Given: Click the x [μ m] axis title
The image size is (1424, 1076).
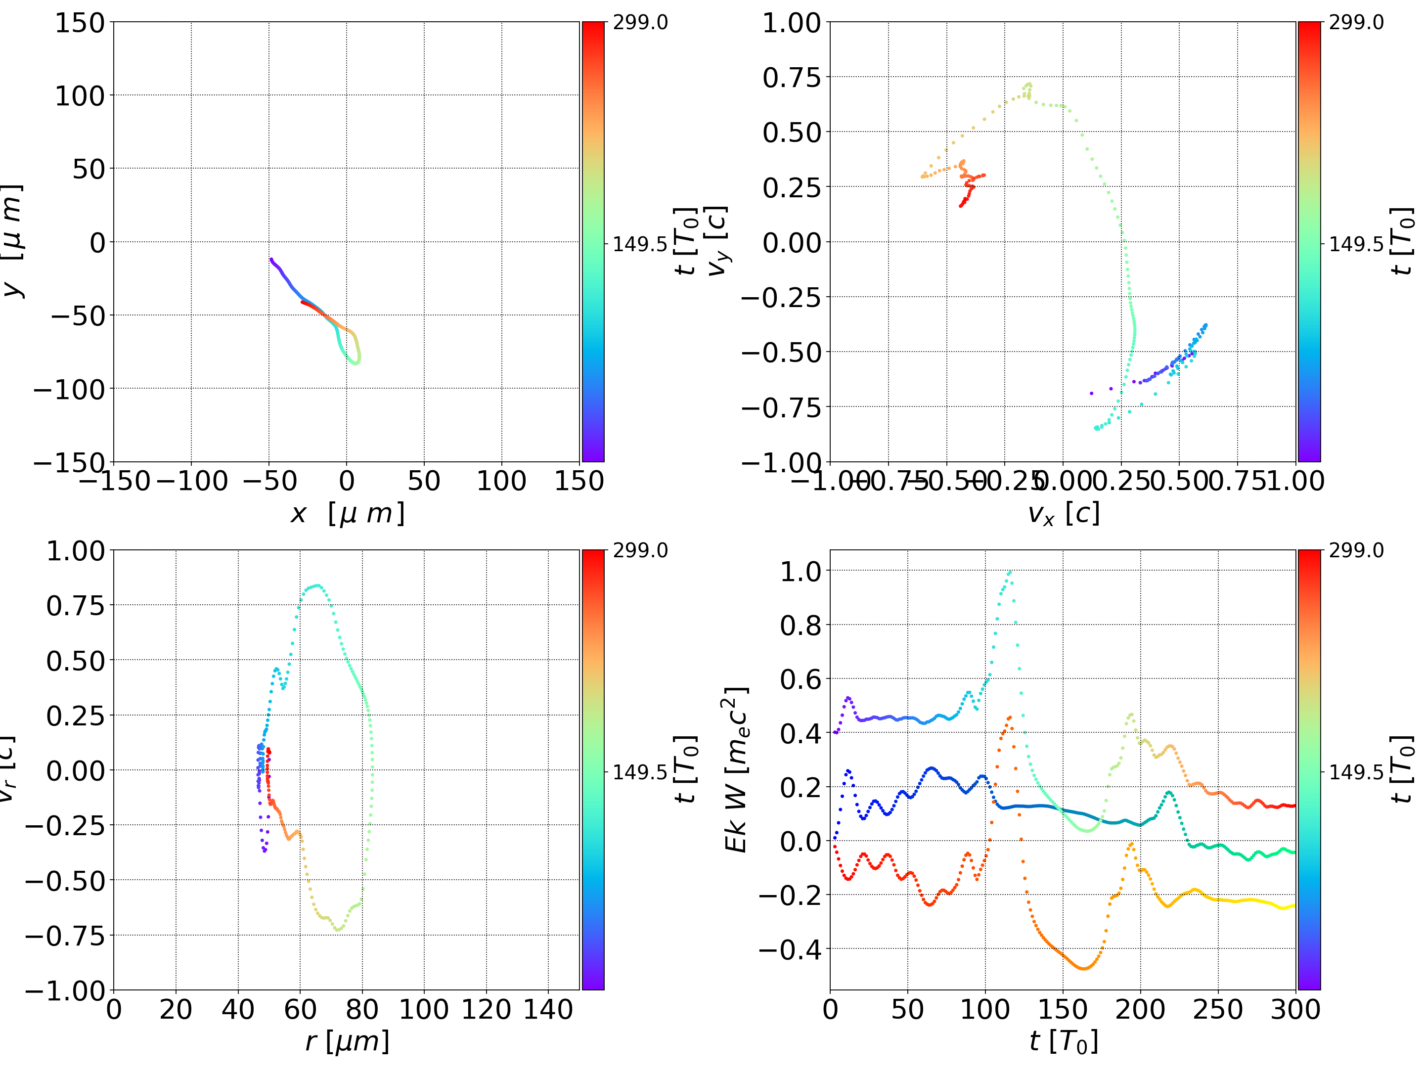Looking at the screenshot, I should point(347,514).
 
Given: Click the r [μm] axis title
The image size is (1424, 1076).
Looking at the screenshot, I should point(347,1042).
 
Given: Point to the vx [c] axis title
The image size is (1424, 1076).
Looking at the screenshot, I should point(1063,514).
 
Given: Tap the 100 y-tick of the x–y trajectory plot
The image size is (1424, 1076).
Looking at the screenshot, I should point(79,96).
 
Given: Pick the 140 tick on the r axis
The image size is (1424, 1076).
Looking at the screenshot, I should point(548,1009).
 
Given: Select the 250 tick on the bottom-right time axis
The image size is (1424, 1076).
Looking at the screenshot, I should point(1217,1009).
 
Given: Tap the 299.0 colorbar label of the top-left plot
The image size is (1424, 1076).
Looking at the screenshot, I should point(640,23).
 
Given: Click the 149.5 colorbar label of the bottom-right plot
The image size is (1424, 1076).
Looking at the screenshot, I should point(1356,771).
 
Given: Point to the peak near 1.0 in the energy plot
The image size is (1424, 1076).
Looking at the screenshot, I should point(1009,572).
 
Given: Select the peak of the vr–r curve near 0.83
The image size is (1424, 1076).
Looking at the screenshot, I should point(315,586).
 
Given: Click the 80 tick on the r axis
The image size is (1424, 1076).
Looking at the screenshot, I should point(362,1009).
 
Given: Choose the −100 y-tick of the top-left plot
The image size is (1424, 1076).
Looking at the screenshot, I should point(69,390).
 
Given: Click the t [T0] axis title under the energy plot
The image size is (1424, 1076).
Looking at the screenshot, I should point(1063,1042).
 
